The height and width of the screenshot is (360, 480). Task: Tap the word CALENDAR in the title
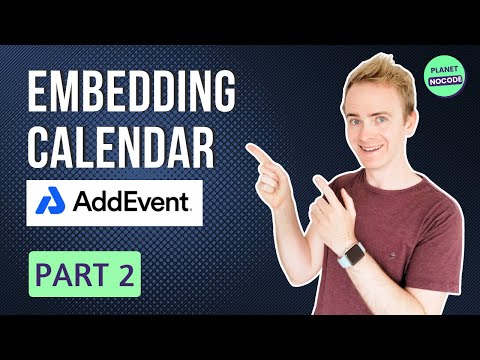(120, 148)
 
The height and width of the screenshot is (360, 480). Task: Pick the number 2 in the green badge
(126, 273)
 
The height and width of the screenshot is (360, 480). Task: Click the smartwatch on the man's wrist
(351, 258)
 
